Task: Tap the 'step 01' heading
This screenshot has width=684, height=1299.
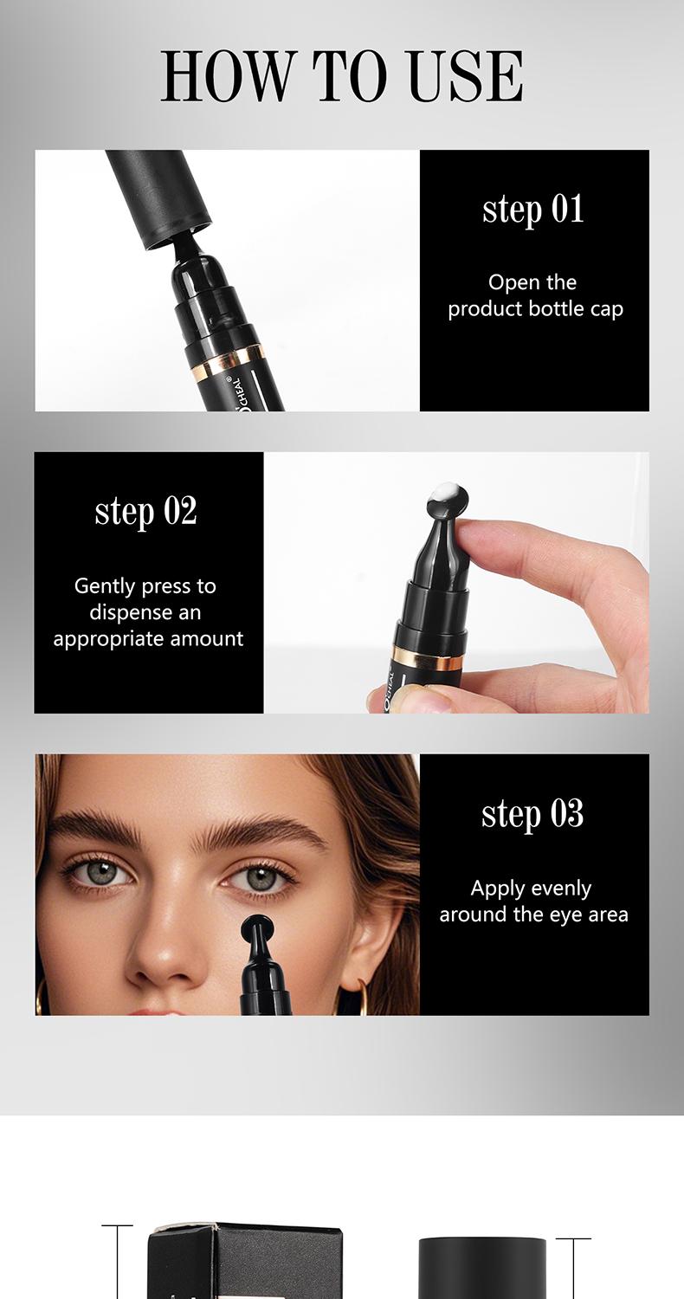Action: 533,210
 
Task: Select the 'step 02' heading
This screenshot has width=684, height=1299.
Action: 146,511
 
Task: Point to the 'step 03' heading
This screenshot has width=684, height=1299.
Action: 532,814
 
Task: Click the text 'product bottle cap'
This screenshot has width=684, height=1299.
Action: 535,309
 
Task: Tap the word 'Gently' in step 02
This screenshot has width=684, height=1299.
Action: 105,586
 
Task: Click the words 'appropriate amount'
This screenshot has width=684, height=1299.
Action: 148,639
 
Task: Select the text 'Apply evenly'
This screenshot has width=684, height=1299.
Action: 531,889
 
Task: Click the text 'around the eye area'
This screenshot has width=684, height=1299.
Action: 533,914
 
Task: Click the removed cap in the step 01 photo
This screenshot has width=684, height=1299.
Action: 161,194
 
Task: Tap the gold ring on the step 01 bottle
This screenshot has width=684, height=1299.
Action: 227,354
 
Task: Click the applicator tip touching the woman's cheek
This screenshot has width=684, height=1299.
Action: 258,930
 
